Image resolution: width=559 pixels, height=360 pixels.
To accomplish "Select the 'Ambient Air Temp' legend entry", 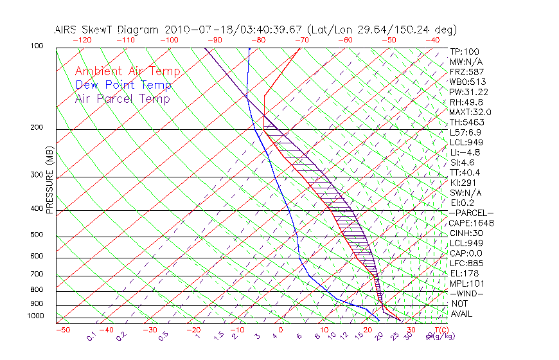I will coord(128,71).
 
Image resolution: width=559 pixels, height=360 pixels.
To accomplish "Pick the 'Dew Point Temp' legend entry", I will coord(123,85).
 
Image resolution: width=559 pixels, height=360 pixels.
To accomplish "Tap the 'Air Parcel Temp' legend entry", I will coord(122,98).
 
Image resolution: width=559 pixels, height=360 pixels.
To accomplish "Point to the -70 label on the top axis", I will coord(301,40).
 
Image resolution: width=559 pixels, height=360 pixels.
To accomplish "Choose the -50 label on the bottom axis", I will coord(62,330).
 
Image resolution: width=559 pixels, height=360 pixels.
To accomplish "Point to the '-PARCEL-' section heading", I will coord(471,213).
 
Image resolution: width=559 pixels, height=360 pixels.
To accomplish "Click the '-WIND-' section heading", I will coord(466,294).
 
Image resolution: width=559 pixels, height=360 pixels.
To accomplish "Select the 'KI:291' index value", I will coord(463,183).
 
